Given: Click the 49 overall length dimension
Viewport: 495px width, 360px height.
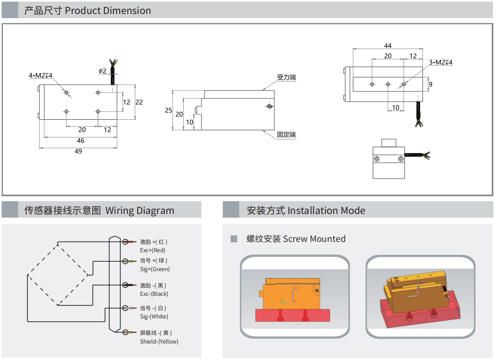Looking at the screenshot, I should (78, 151).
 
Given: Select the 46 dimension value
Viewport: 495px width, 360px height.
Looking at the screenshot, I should (80, 141).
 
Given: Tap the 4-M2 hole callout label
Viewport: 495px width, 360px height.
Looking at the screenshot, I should (40, 75).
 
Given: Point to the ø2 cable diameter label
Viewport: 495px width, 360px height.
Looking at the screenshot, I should (102, 71).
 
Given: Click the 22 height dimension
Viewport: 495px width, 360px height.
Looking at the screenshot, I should (139, 102).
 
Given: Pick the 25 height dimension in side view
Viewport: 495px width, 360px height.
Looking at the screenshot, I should (168, 110).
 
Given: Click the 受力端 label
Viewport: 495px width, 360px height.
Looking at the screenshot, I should (286, 77).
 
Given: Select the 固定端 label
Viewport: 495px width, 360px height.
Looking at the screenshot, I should (286, 135).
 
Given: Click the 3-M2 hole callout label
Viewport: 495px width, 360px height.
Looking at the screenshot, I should (441, 62).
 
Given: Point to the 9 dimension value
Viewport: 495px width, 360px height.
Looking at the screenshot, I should (430, 84).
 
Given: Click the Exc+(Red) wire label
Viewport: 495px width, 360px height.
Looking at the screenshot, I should (153, 250).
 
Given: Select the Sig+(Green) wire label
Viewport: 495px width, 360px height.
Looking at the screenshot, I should (155, 269).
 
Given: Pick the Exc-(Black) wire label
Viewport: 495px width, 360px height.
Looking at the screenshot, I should (154, 294).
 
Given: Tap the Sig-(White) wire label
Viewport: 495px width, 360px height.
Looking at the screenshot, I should (154, 316).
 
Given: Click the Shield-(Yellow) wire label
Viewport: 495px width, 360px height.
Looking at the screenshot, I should (159, 341).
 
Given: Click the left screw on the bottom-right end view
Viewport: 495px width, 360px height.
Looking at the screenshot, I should (376, 159).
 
